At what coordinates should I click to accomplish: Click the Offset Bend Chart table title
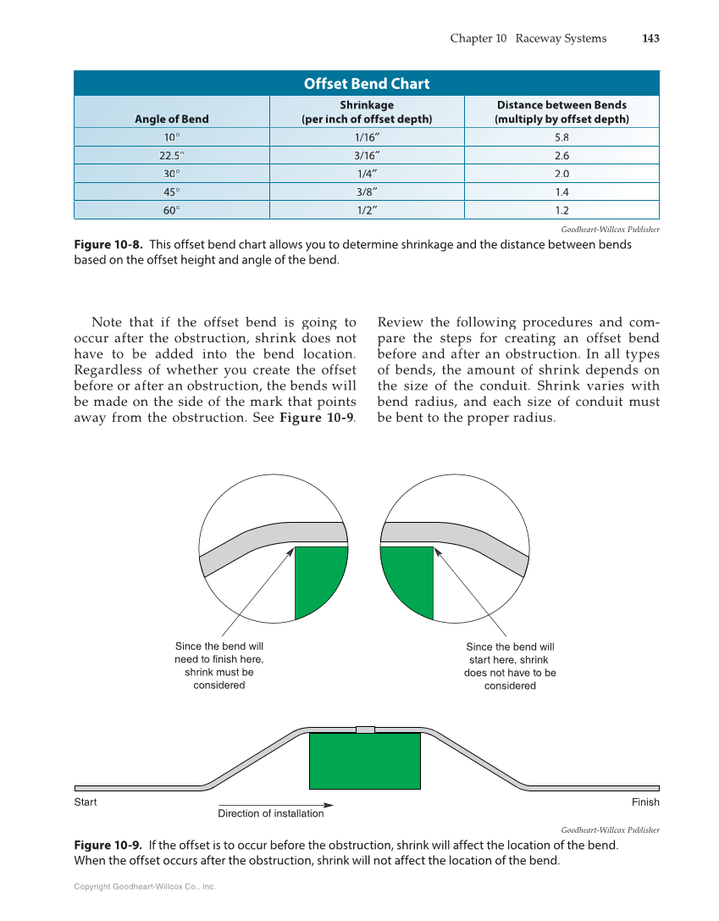[x=366, y=84]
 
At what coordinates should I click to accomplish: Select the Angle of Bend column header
[x=172, y=119]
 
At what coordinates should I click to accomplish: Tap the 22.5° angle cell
[x=172, y=156]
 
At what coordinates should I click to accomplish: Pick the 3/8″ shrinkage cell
[x=367, y=191]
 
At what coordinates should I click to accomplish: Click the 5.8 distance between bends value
[x=561, y=137]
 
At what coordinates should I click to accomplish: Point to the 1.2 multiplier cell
[x=561, y=210]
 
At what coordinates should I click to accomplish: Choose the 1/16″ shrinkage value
[x=367, y=137]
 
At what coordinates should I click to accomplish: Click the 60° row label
[x=172, y=210]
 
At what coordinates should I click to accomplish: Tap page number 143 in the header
[x=650, y=38]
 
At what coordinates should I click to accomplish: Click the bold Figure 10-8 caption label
[x=108, y=245]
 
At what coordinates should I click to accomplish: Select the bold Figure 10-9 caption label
[x=108, y=846]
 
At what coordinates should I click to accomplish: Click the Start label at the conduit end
[x=86, y=802]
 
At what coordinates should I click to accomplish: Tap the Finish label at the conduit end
[x=645, y=802]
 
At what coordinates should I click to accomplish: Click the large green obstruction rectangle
[x=364, y=761]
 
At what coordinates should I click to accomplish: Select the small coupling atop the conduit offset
[x=365, y=730]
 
